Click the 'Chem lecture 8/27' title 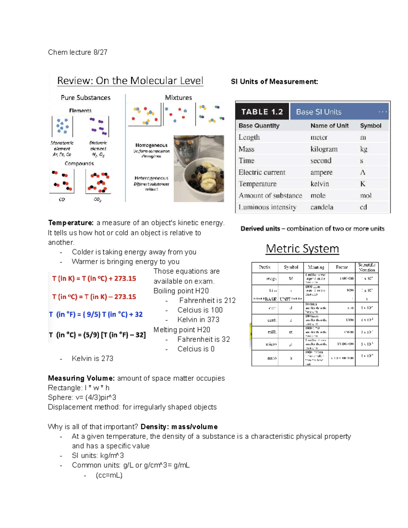(78, 52)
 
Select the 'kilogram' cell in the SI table (324, 149)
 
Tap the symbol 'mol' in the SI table (365, 195)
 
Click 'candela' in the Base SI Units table (322, 207)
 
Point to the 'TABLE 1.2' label (262, 112)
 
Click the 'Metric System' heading (302, 249)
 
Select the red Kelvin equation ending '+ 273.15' (94, 278)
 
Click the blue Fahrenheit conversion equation (96, 314)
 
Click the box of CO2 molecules (98, 182)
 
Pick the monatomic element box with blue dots (62, 126)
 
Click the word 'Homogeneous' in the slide (151, 145)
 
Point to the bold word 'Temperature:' (71, 223)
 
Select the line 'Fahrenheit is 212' (207, 301)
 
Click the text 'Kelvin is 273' (92, 358)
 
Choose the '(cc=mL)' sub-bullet (109, 475)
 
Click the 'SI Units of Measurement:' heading (274, 82)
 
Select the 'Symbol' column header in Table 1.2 (370, 125)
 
